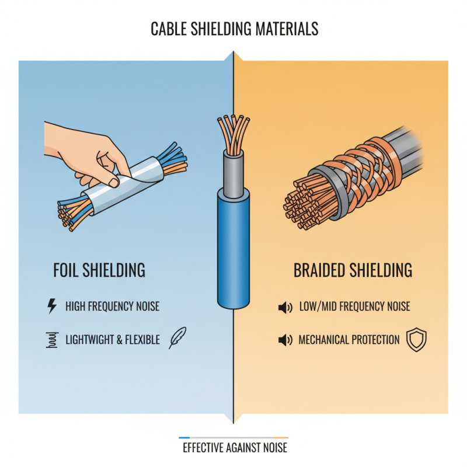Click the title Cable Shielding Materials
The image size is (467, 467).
tap(233, 27)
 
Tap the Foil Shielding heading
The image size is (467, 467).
tap(99, 270)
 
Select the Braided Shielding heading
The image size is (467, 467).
tap(353, 270)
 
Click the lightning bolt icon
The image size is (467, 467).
tap(51, 306)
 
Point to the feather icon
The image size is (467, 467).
tap(177, 339)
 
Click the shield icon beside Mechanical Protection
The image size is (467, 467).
tap(417, 340)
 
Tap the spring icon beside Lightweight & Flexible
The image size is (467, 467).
tap(51, 340)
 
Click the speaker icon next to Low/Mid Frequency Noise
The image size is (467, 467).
tap(285, 307)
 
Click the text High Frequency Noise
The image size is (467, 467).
tap(112, 306)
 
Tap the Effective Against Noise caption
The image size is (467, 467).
tap(235, 448)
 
